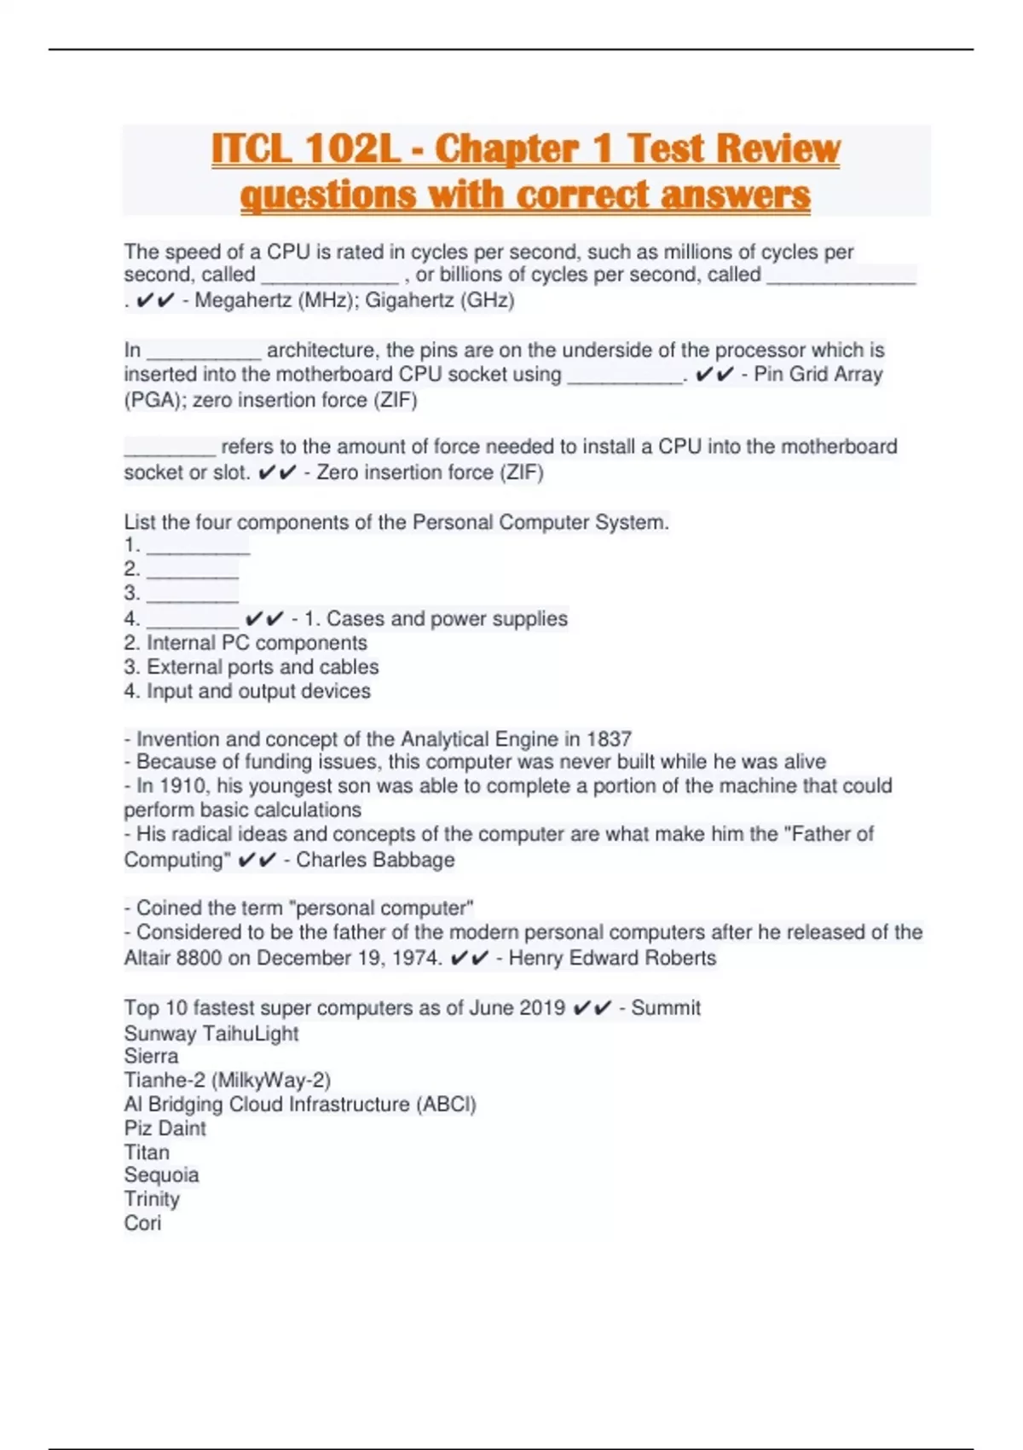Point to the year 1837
click(x=609, y=739)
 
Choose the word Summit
click(x=666, y=1008)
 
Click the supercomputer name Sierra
click(x=151, y=1056)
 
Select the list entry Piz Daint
click(x=165, y=1128)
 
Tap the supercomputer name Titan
click(x=147, y=1152)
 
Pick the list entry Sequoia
click(x=161, y=1175)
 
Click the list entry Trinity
click(x=152, y=1199)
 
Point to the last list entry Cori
click(x=142, y=1223)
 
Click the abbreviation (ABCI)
click(x=446, y=1105)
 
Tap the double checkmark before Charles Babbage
click(x=257, y=861)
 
